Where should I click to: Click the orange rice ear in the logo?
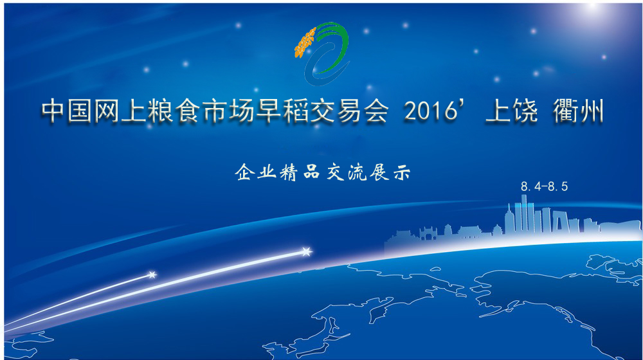point(305,42)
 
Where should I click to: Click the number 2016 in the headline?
point(430,111)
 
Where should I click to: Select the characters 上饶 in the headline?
point(511,111)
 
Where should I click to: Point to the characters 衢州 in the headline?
point(578,111)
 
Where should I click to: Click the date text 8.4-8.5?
point(544,186)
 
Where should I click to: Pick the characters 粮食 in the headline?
point(174,111)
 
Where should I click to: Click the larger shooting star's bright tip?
point(306,251)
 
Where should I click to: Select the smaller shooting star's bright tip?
point(152,274)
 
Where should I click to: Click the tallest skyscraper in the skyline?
point(524,213)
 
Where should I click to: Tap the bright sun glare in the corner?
point(593,6)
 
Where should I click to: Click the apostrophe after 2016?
point(464,105)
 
